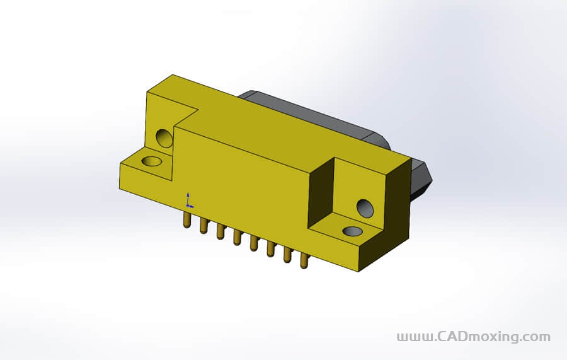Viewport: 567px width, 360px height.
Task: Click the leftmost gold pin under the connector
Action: click(186, 219)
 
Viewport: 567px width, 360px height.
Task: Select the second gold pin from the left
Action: click(203, 225)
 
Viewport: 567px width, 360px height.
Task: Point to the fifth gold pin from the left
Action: click(254, 242)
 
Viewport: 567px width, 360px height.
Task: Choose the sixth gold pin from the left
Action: click(270, 248)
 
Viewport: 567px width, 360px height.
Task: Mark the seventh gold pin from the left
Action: click(287, 254)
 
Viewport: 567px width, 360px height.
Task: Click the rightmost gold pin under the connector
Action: click(304, 260)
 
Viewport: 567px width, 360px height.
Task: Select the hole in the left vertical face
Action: click(164, 137)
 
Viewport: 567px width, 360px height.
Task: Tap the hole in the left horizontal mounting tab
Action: click(151, 161)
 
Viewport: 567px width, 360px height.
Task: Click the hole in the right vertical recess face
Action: click(365, 207)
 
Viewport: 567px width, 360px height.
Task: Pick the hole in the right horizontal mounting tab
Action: click(352, 231)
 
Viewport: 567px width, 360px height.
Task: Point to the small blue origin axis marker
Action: click(188, 200)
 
